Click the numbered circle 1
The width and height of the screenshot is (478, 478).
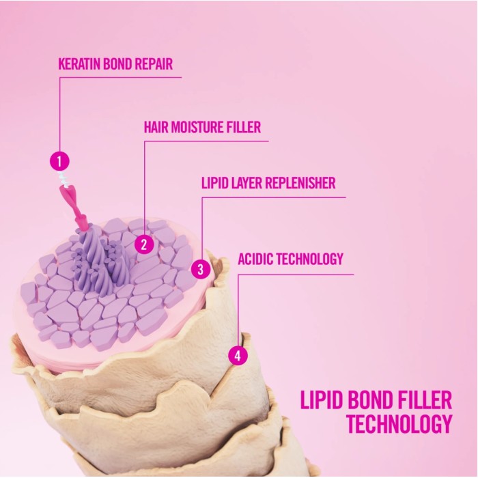(60, 161)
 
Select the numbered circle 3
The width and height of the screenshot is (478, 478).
(200, 268)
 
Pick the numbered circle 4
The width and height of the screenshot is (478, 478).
(237, 356)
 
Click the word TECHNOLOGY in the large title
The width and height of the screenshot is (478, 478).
(399, 424)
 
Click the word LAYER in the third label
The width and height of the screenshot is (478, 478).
(244, 184)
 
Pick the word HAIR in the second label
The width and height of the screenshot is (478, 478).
(156, 127)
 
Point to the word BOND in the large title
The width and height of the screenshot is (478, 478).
(368, 400)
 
